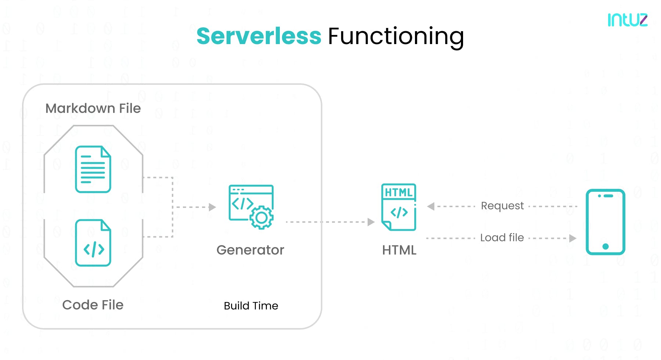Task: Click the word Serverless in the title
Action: point(259,36)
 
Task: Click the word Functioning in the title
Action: point(396,36)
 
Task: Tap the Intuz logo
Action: point(627,20)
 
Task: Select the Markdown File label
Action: point(93,108)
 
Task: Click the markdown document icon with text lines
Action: point(93,169)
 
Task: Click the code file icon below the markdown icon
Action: point(93,243)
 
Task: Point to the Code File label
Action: point(93,305)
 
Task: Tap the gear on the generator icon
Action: point(261,218)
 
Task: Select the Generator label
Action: point(250,250)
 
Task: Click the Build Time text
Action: point(251,306)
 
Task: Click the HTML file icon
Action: point(399,207)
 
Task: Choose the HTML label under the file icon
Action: point(399,250)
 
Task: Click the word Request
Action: point(502,206)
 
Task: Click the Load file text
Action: point(502,238)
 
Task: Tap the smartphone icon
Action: point(605,222)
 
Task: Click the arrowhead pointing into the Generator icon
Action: point(212,207)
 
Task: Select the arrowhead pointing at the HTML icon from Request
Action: point(431,206)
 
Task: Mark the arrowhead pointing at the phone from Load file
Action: point(572,238)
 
